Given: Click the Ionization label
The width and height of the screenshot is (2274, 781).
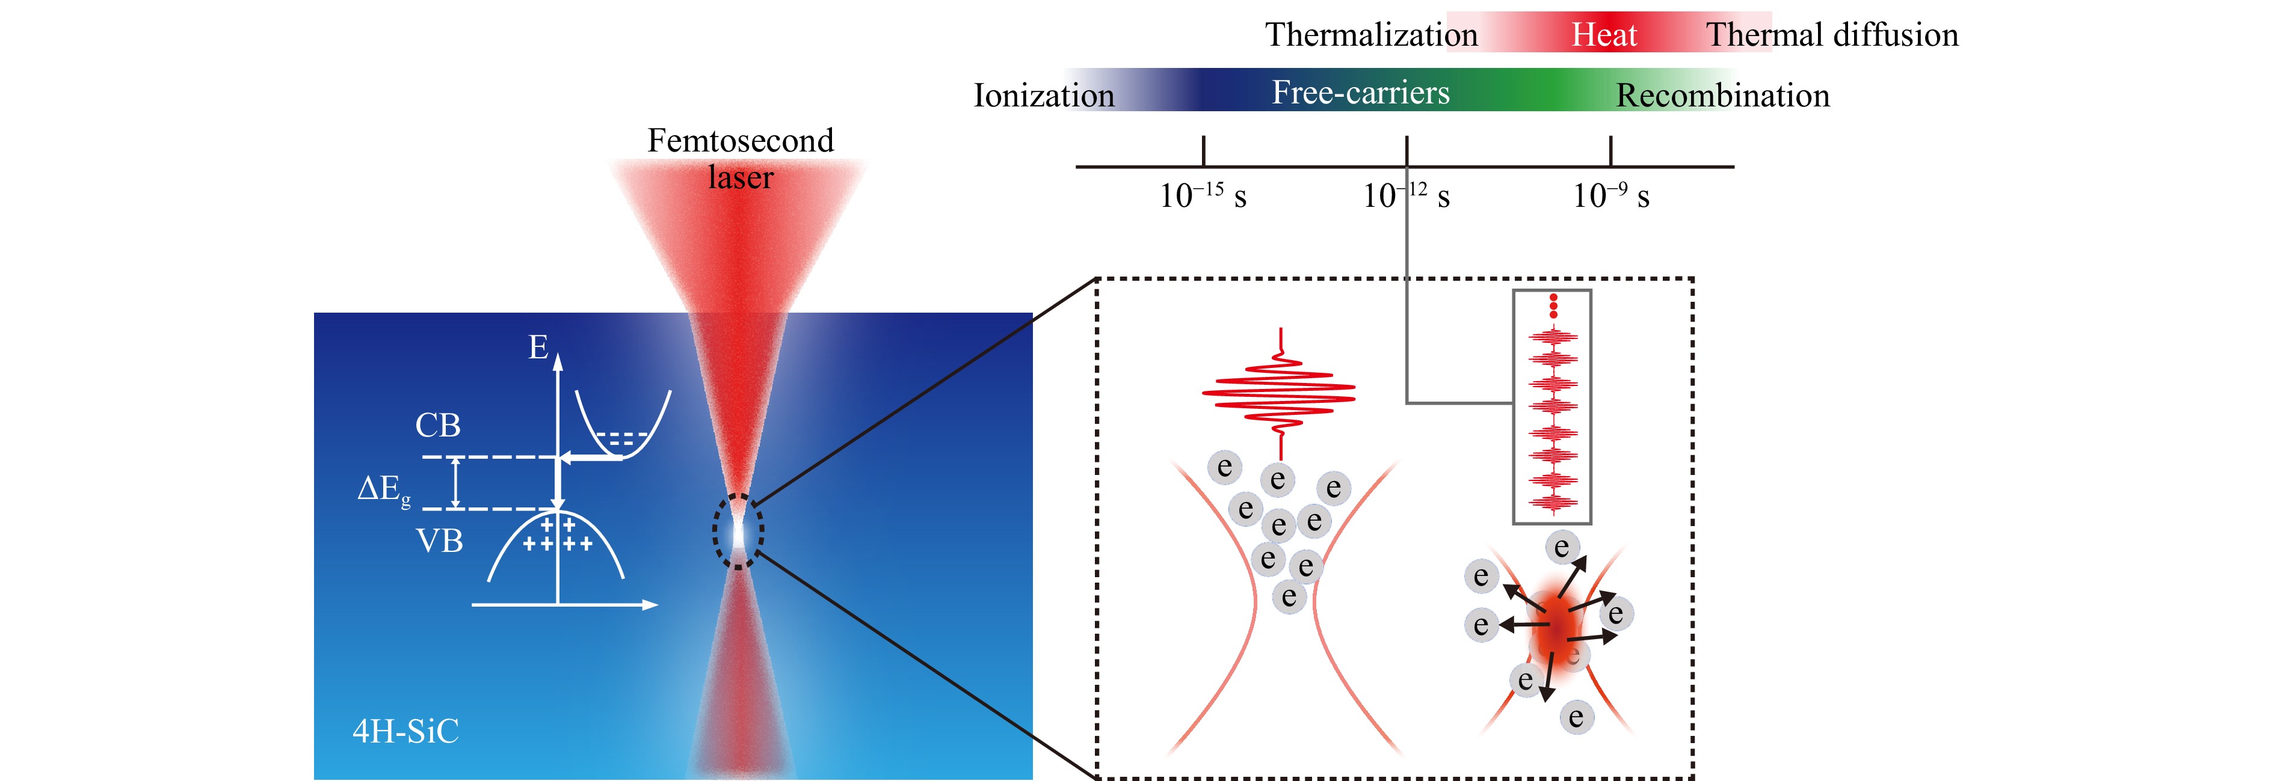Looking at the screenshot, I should [1043, 96].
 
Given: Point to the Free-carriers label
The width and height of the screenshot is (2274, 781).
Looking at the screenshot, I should [1360, 93].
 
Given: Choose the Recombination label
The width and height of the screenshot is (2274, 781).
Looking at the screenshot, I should [1722, 96].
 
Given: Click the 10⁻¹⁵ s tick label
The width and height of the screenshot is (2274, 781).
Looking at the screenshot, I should [1203, 195].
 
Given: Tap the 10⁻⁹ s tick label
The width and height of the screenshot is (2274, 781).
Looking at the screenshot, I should [1610, 195].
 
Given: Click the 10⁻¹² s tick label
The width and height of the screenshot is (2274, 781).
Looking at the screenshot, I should [1405, 195].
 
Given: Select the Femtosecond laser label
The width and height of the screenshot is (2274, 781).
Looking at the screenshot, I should [740, 159].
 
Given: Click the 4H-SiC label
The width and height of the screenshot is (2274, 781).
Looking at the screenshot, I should [405, 730].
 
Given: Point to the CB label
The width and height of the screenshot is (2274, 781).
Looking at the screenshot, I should [438, 425].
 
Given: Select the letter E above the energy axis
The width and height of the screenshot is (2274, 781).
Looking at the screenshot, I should [538, 347].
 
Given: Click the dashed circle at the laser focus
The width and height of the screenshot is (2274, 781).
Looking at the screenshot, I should [738, 531].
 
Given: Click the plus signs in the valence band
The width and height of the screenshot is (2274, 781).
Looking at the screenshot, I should [558, 534].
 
